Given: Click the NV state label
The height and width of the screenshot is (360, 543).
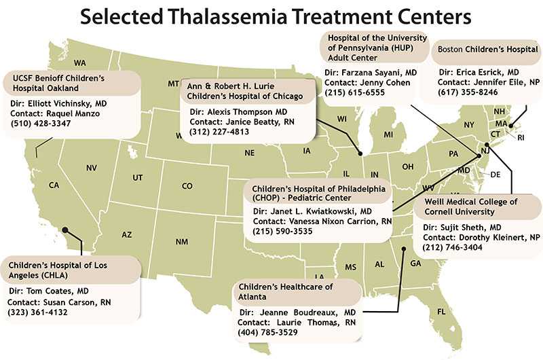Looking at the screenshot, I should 92,168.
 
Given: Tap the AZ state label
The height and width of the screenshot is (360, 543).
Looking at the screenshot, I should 126,234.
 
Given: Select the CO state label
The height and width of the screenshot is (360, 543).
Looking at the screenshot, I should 187,186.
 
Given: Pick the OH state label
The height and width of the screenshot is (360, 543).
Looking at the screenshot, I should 408,166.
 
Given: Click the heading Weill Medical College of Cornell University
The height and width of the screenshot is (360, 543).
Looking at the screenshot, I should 470,206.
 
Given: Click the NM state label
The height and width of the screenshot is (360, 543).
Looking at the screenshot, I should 181,242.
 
